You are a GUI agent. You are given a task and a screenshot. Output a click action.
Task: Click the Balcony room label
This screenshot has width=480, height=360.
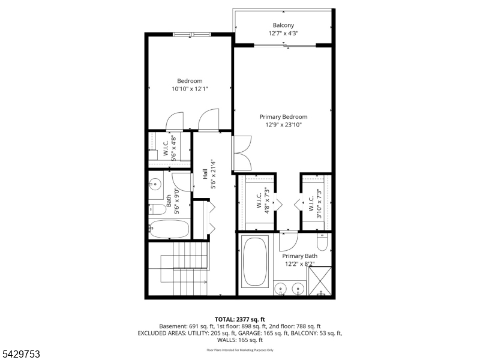click(283, 25)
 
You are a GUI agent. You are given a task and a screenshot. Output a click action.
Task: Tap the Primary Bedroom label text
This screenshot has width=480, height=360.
click(283, 116)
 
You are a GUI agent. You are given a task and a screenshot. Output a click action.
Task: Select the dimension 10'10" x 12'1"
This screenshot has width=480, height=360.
click(190, 89)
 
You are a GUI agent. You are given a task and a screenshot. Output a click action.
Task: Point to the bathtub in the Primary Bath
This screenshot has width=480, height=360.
click(255, 262)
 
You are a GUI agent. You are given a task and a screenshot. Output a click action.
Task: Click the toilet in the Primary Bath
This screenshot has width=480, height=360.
click(322, 242)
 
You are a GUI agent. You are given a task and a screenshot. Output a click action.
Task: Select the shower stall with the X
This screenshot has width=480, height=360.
click(320, 281)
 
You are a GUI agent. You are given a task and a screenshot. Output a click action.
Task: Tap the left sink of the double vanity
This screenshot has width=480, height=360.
click(280, 289)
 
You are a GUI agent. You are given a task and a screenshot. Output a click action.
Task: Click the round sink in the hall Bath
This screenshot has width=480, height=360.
click(155, 184)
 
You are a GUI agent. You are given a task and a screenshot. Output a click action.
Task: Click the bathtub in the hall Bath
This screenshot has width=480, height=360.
click(169, 229)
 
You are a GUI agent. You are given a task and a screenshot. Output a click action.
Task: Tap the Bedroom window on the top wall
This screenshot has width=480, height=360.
click(191, 34)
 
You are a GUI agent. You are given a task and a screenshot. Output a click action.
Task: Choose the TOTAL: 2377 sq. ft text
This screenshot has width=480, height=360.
click(239, 320)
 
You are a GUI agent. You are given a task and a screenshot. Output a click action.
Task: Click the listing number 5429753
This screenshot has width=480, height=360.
click(20, 354)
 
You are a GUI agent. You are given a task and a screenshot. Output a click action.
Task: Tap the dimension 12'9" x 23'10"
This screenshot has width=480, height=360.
click(283, 125)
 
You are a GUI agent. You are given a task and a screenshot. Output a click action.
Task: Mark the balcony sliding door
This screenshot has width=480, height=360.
click(285, 46)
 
